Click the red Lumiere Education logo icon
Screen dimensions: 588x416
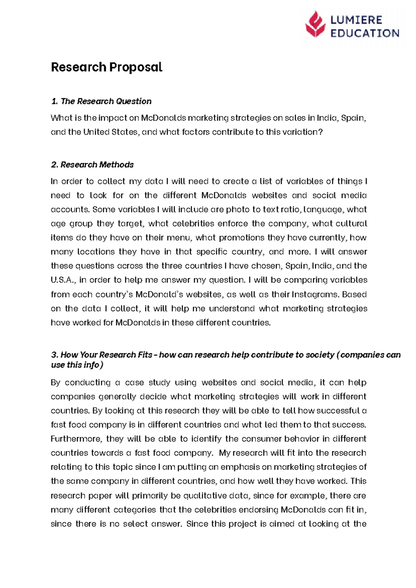coord(315,24)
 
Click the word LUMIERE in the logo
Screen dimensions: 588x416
coord(356,20)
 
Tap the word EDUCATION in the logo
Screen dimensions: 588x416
coord(365,33)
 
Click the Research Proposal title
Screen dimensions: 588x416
coord(106,67)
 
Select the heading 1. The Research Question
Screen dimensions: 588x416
coord(101,101)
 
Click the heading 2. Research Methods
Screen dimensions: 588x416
coord(92,165)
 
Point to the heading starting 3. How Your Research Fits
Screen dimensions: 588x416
coord(225,355)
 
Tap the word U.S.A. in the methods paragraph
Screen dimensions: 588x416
coord(63,280)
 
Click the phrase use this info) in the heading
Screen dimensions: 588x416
coord(77,365)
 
